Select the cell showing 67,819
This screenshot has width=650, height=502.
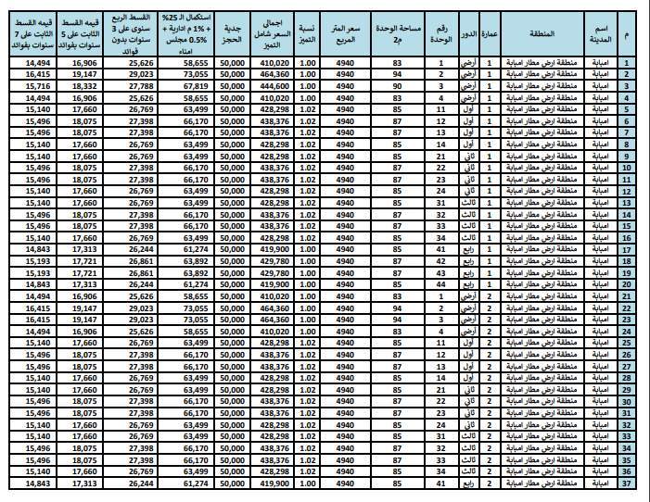(x=189, y=85)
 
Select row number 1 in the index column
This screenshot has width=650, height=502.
(x=628, y=62)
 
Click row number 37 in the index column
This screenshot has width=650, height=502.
(x=628, y=483)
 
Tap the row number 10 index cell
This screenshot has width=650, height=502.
(x=628, y=168)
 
